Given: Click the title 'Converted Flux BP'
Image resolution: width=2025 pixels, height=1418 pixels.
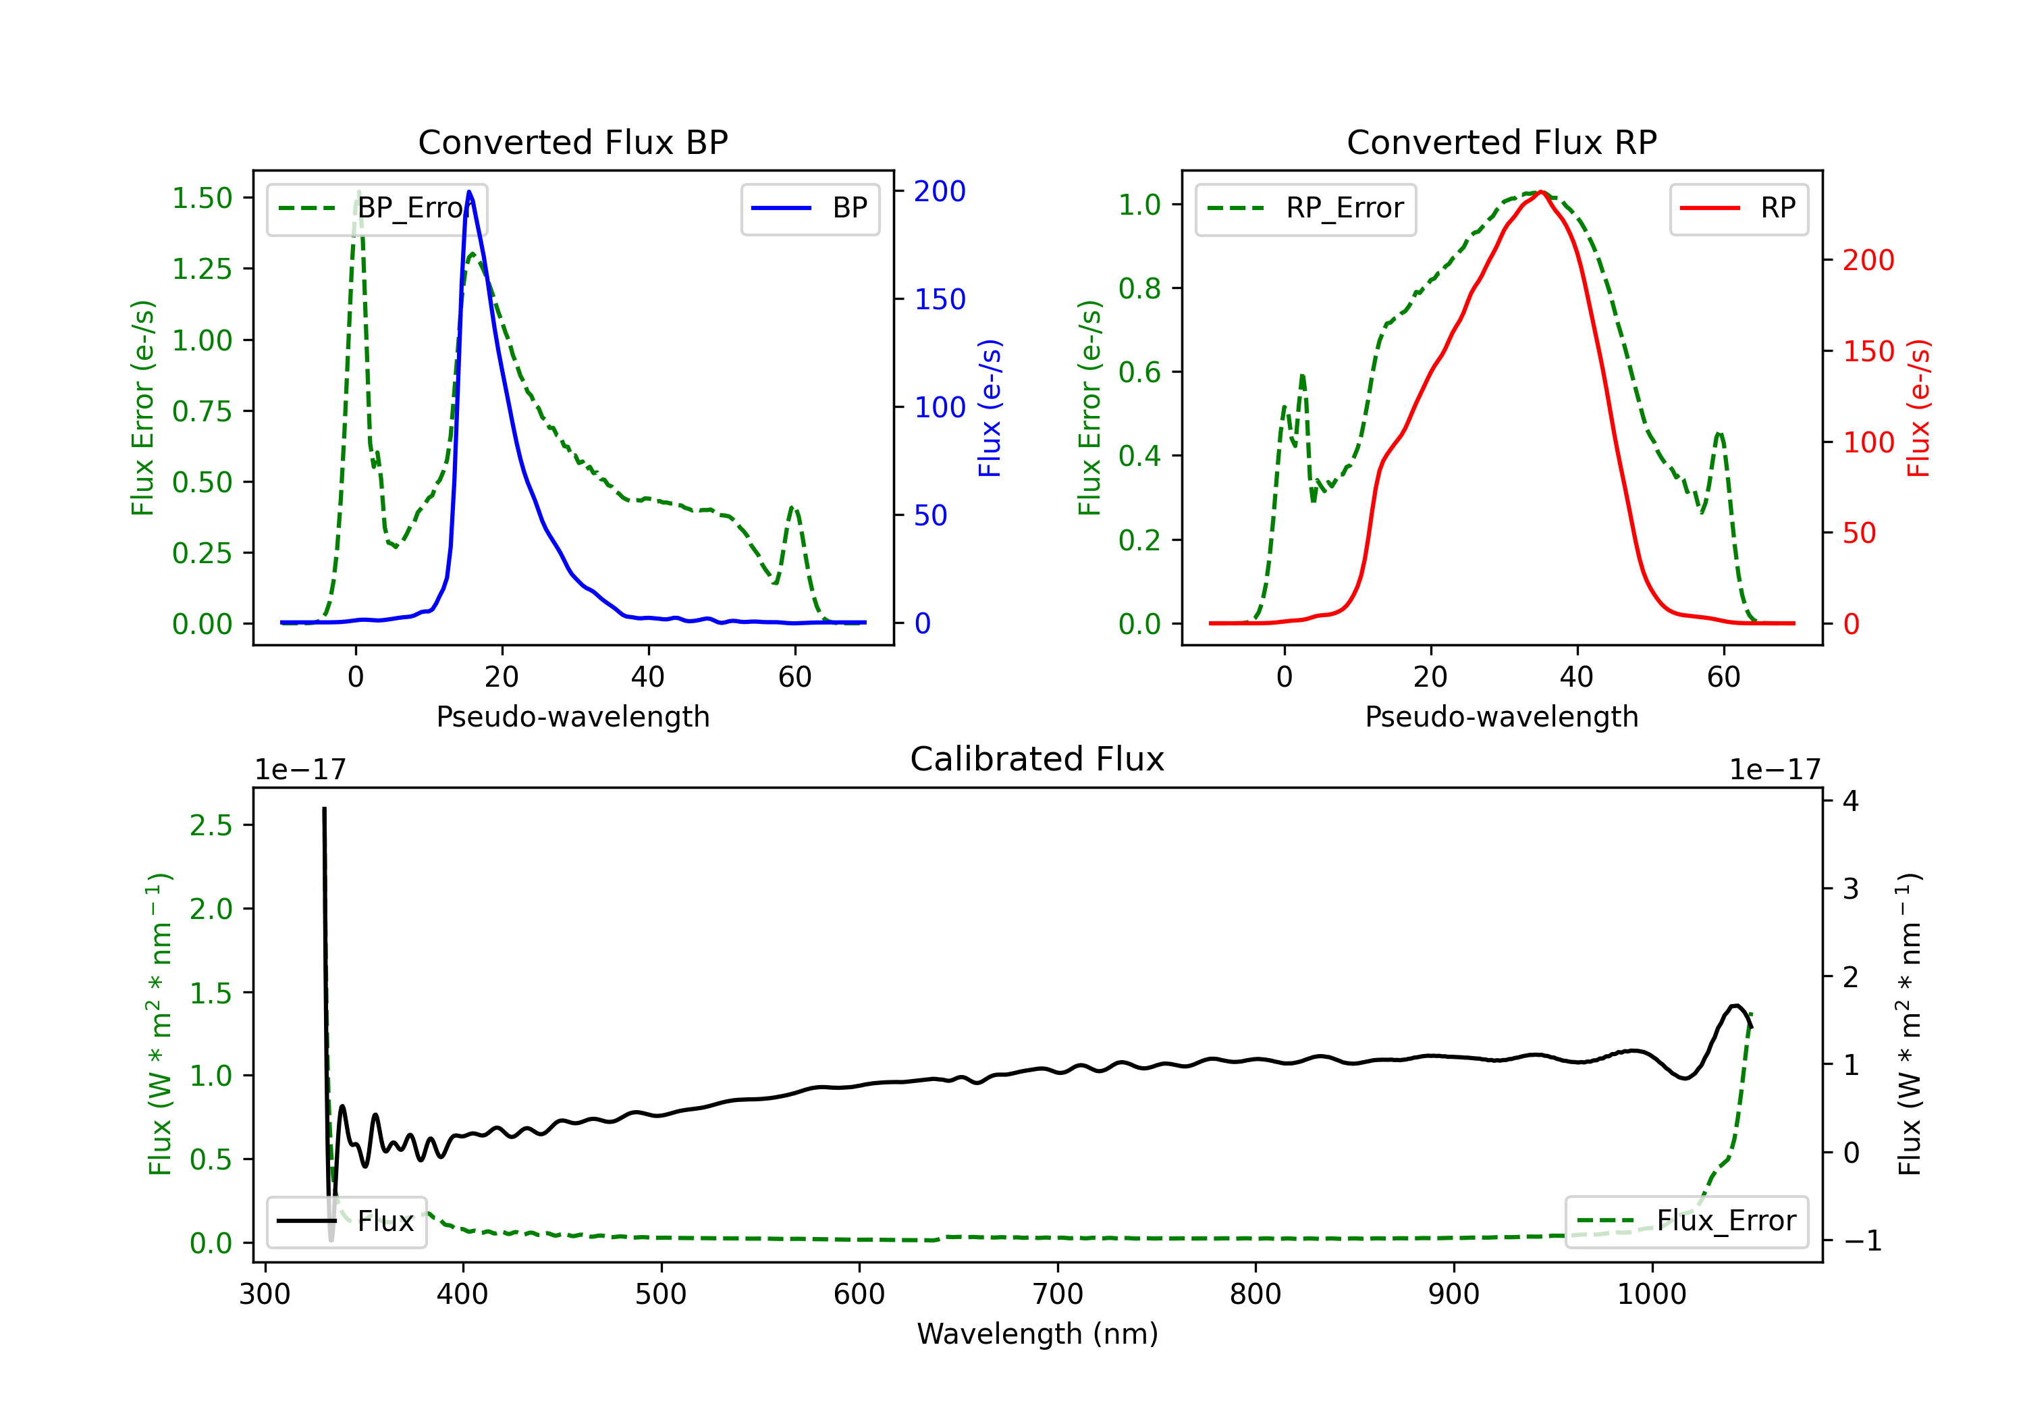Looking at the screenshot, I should pyautogui.click(x=572, y=142).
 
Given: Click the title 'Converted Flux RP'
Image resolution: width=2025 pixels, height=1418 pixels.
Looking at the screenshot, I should pyautogui.click(x=1501, y=142).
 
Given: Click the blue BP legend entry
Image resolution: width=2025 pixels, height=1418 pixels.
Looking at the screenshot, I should pyautogui.click(x=809, y=208).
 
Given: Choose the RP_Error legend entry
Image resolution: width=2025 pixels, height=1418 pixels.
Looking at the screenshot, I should pyautogui.click(x=1305, y=208).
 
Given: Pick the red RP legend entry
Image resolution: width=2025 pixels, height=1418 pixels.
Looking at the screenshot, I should pyautogui.click(x=1738, y=208).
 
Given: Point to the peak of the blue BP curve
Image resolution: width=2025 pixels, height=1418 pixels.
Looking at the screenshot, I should pyautogui.click(x=469, y=192).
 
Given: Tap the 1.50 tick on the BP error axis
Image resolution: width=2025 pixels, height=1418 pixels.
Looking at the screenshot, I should pyautogui.click(x=202, y=198).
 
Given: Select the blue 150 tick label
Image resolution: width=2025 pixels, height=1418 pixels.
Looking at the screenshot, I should pyautogui.click(x=940, y=299).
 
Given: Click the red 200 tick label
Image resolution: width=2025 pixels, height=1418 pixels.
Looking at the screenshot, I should pyautogui.click(x=1868, y=261).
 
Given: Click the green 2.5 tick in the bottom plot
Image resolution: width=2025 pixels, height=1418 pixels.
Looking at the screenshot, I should pyautogui.click(x=211, y=825).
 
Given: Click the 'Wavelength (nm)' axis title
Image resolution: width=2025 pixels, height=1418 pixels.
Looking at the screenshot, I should pyautogui.click(x=1037, y=1334).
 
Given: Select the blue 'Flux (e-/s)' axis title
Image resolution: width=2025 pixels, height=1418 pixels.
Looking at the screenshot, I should pyautogui.click(x=990, y=408).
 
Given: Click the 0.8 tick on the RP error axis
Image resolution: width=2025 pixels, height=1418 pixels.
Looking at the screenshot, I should pyautogui.click(x=1139, y=288).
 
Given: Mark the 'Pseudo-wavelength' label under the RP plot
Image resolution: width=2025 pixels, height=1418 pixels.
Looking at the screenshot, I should pyautogui.click(x=1501, y=716).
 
